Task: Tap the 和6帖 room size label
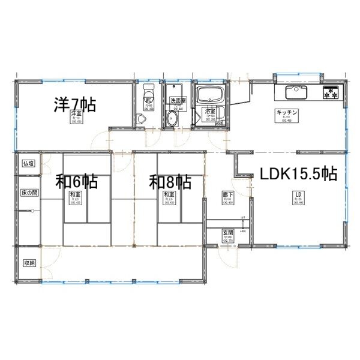77,180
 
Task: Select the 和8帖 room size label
170,180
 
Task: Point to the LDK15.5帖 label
298,174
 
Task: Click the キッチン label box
284,113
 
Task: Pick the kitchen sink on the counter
296,93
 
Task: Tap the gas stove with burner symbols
331,92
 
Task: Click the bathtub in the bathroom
211,95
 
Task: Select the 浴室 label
210,112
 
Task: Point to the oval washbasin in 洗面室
173,118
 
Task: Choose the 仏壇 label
28,163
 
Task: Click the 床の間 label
29,193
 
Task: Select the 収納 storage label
28,263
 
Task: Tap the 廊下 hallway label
228,194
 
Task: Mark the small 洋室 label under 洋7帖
76,113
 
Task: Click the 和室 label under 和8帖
169,194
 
